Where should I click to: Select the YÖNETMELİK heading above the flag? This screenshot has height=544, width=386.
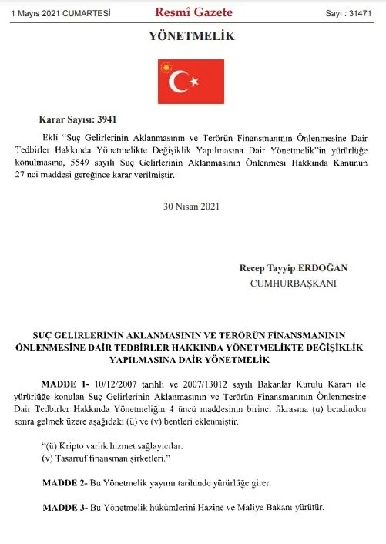tap(193, 35)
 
